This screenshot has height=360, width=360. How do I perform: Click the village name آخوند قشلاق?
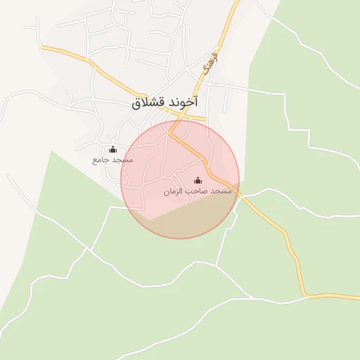(165, 103)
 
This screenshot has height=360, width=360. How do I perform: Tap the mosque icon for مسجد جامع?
(112, 149)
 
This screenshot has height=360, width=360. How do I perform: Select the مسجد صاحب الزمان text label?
(197, 191)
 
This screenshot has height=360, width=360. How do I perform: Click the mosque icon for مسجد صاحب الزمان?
(197, 180)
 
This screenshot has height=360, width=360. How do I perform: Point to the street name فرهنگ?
(209, 65)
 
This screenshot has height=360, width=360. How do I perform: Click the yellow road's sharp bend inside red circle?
(170, 132)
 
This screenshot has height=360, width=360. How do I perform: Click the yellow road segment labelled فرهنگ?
(218, 49)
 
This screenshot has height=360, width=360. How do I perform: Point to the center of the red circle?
(180, 179)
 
